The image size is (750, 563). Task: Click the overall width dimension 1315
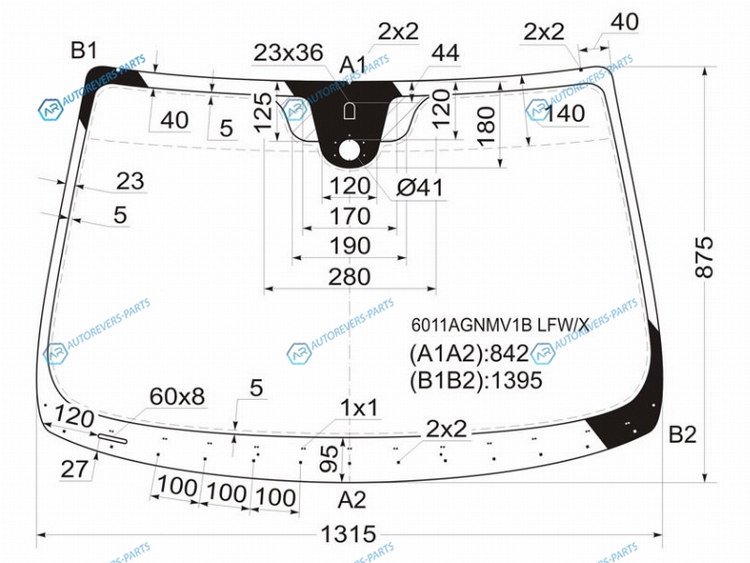(x=348, y=534)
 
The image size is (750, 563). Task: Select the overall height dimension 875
(x=704, y=256)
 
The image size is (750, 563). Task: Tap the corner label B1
(x=84, y=51)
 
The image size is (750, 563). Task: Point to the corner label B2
(x=682, y=434)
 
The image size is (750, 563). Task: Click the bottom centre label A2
(x=352, y=500)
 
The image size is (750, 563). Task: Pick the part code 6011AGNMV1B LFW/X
(x=500, y=326)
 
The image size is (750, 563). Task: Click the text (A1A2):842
(x=469, y=354)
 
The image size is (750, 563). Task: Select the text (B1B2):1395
(x=476, y=381)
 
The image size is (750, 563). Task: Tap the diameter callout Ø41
(x=419, y=188)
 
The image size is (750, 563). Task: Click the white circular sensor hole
(x=351, y=151)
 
